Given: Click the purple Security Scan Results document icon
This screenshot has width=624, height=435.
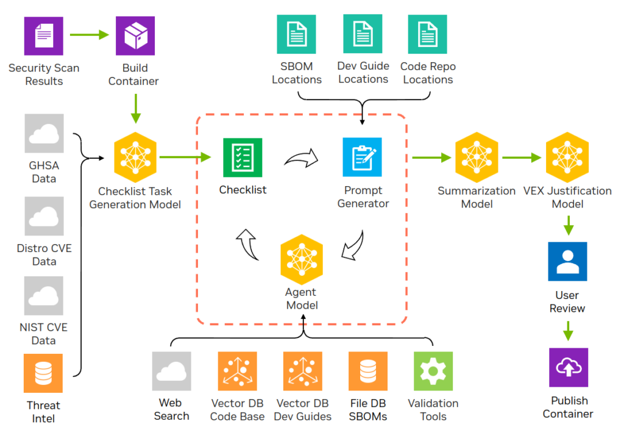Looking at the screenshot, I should tap(43, 36).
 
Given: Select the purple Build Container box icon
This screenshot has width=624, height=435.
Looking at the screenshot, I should tap(135, 36).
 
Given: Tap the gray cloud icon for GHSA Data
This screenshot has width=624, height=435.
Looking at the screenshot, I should tap(44, 134).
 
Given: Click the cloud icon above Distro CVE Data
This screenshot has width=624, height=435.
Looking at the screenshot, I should tap(44, 216).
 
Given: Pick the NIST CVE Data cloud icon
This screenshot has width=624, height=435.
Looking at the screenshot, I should tap(44, 295).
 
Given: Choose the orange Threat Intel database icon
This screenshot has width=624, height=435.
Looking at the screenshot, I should tap(43, 373).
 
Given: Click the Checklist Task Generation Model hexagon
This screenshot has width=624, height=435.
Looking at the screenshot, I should tap(135, 157).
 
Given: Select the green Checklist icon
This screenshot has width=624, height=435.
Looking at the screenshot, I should tap(243, 157).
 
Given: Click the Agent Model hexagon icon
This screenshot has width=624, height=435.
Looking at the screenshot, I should tap(302, 260).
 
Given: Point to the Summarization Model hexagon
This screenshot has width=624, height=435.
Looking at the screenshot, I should tap(477, 157).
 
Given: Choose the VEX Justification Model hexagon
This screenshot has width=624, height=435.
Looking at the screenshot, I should tap(567, 157).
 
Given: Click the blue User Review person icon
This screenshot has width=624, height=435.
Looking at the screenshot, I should tap(567, 261).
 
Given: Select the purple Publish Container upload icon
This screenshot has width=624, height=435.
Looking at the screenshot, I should tap(568, 367).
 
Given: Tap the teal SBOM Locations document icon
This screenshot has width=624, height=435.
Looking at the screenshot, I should tap(297, 35).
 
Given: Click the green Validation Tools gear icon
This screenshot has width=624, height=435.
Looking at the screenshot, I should tap(433, 371).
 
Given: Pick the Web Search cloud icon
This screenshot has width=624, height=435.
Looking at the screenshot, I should tap(172, 371).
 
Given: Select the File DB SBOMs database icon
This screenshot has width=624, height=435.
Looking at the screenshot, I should tap(367, 371).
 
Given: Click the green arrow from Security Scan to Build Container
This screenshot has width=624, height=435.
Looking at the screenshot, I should tap(89, 35).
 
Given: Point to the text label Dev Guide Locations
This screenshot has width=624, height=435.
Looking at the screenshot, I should tap(363, 73).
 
